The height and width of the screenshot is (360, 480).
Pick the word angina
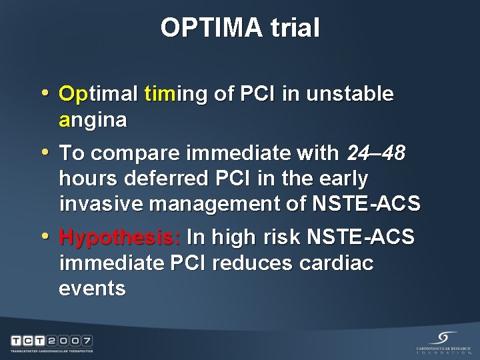pos(93,120)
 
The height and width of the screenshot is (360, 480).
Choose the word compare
pos(139,153)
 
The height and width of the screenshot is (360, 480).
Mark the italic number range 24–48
pos(375,153)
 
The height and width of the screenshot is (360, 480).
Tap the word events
pos(92,288)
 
